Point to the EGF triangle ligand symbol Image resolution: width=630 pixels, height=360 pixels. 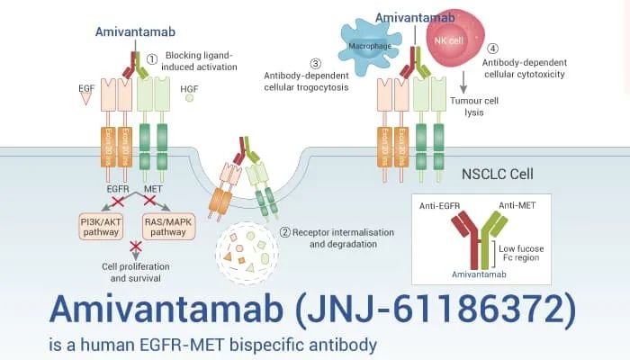(86, 100)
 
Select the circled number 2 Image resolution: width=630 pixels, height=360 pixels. (284, 231)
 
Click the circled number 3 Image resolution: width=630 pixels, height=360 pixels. (315, 63)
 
